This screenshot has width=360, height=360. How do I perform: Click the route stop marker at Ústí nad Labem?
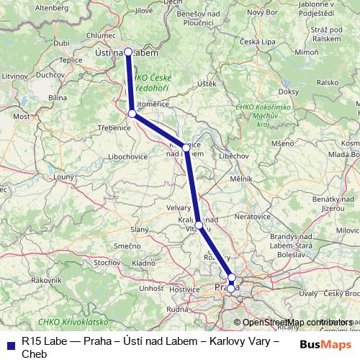tap(128, 52)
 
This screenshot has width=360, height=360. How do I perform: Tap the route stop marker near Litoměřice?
tap(132, 114)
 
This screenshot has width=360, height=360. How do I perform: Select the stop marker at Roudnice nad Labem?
tap(186, 147)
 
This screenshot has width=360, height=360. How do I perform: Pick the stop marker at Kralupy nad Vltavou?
tap(199, 225)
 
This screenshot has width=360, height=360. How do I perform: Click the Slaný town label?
tap(139, 229)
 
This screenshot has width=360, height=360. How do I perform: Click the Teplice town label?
tap(71, 60)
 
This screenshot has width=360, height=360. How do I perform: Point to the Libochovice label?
tap(127, 156)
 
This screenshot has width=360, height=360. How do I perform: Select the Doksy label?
tap(288, 91)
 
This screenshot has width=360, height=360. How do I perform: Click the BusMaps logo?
tap(322, 344)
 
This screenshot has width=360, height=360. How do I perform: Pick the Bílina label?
tap(57, 97)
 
